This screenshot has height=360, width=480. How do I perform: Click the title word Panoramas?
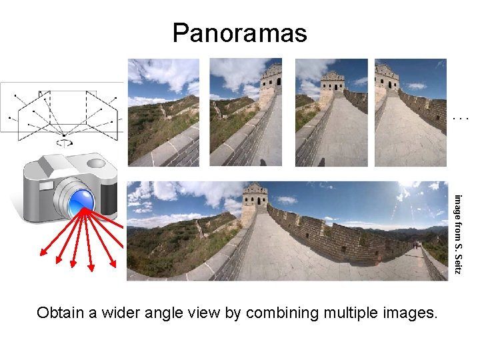click(x=239, y=32)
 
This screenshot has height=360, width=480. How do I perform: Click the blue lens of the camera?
click(x=81, y=199)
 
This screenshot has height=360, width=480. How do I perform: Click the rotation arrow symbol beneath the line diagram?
click(x=63, y=142)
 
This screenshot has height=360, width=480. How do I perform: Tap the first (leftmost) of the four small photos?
click(x=164, y=112)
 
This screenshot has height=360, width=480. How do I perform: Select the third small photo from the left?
click(x=331, y=112)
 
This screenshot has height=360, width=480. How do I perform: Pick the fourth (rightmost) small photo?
click(x=410, y=112)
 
